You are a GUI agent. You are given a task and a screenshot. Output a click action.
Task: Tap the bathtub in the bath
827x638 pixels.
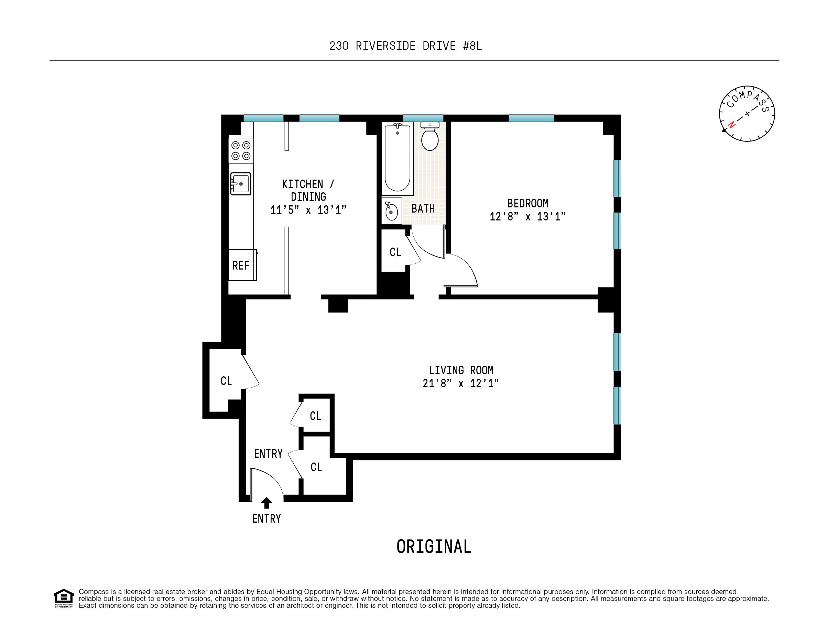[397, 158]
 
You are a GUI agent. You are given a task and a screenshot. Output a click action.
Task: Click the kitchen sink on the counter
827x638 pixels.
[241, 184]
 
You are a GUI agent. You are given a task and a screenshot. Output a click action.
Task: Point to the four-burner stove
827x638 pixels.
[241, 150]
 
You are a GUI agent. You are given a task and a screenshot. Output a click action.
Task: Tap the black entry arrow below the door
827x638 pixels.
[266, 503]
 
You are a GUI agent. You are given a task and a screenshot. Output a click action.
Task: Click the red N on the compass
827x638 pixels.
[732, 124]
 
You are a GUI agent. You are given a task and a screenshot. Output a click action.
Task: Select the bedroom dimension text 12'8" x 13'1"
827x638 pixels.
[527, 217]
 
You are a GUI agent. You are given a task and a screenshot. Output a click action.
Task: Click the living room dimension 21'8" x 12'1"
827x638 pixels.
[460, 384]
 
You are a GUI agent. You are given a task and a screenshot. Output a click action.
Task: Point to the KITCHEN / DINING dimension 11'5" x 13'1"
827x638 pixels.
[308, 210]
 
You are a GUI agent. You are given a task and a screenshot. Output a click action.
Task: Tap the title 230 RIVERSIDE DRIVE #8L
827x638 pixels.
[405, 46]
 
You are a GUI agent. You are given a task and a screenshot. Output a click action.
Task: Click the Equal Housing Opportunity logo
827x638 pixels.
[64, 597]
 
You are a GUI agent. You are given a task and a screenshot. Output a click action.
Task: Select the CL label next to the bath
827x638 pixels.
[395, 252]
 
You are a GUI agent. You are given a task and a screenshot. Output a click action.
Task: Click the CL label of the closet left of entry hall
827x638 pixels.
[226, 381]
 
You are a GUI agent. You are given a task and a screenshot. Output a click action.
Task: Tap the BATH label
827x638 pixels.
[423, 209]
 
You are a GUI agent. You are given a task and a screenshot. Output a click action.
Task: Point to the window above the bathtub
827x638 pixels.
[423, 118]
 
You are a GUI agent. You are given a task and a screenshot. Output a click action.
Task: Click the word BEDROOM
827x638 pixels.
[527, 204]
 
